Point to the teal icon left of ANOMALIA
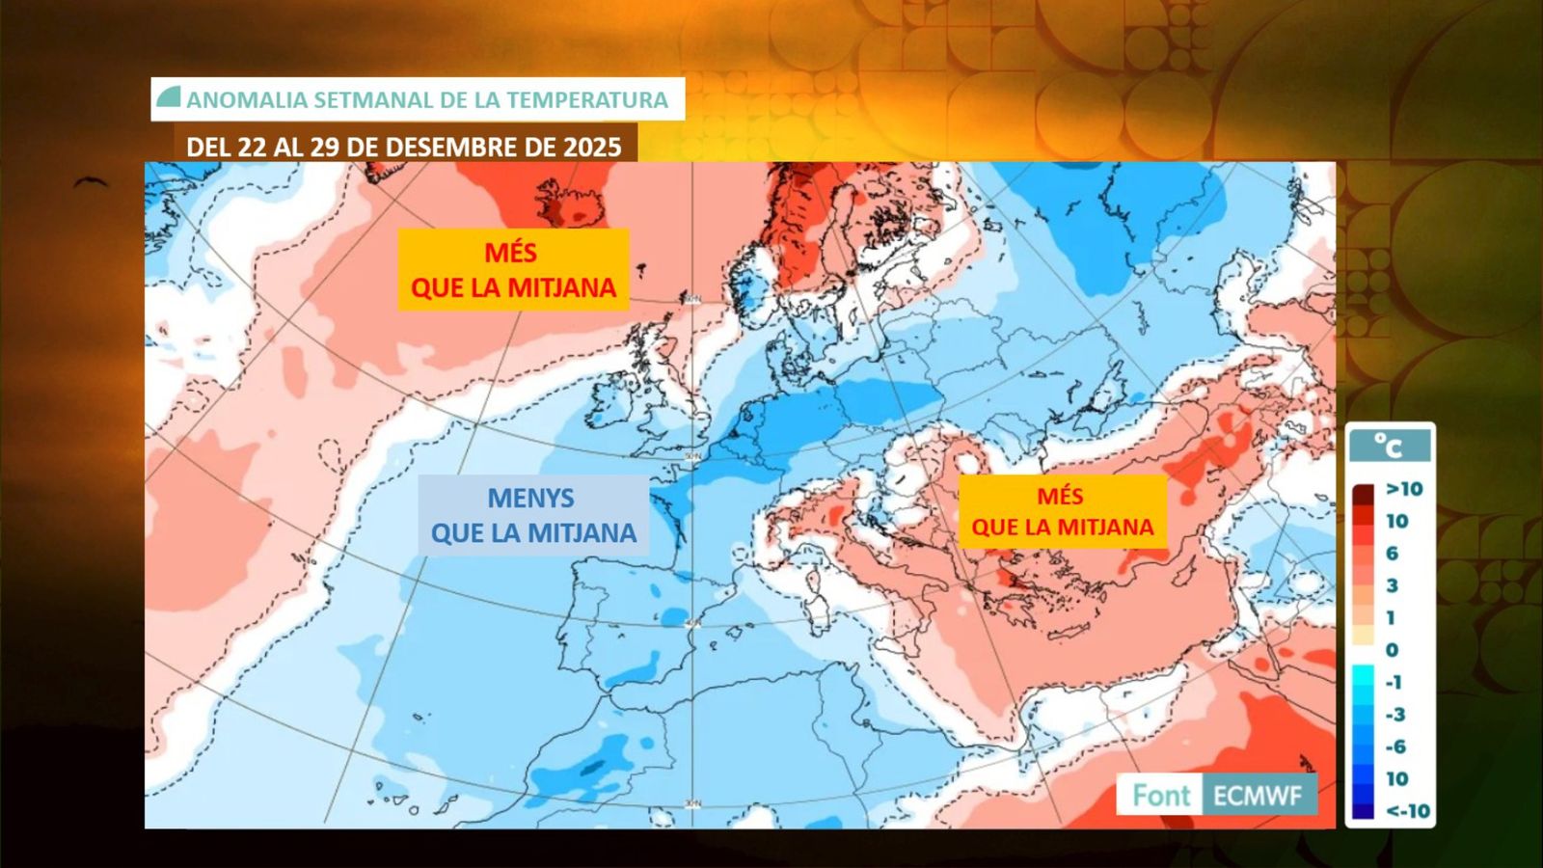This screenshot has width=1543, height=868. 169,97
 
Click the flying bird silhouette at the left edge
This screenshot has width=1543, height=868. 90,181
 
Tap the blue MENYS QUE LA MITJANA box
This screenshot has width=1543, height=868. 533,515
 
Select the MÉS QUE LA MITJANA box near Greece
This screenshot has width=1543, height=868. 1062,511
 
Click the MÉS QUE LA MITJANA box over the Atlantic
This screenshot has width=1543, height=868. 513,269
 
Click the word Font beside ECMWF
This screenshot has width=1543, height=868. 1160,796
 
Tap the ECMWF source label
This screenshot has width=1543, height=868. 1258,796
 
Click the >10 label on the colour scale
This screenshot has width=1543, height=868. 1404,489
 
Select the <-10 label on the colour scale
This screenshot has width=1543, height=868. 1407,811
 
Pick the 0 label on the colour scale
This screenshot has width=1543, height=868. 1392,650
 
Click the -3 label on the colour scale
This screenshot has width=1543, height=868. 1395,715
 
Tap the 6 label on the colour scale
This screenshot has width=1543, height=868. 1392,554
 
